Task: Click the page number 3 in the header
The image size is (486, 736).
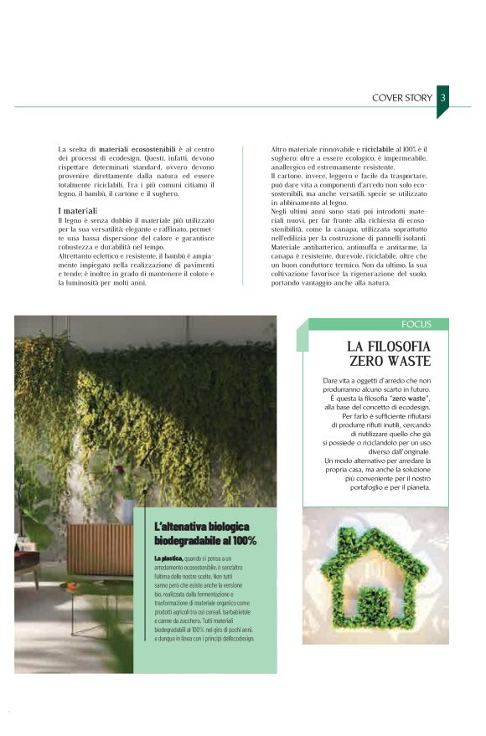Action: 442,97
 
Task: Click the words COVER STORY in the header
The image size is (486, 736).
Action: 402,98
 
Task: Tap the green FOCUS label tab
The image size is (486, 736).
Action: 416,324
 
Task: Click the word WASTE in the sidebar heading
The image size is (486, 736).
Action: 406,362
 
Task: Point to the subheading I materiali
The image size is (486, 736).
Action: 78,209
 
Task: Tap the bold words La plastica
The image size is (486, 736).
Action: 168,557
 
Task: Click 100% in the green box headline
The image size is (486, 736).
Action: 240,541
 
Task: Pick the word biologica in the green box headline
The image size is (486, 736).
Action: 226,526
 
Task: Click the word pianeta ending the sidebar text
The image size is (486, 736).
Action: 413,487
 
